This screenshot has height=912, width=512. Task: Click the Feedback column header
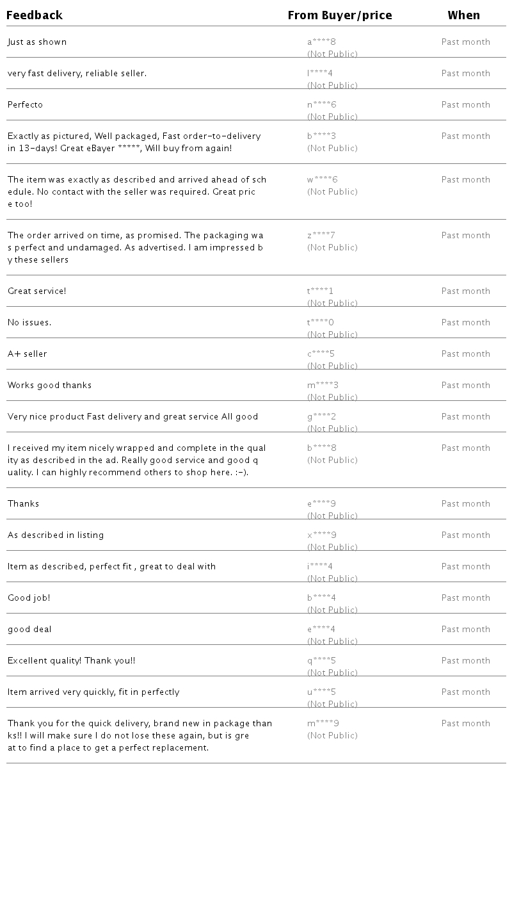coord(35,15)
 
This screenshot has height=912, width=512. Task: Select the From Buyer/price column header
coord(339,15)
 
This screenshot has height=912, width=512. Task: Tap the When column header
coord(463,15)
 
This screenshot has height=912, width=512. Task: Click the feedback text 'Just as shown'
coord(37,42)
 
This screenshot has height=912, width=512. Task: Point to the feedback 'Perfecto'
coord(26,105)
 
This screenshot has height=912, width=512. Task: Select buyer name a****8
coord(321,42)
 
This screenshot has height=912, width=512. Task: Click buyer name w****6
coord(322,180)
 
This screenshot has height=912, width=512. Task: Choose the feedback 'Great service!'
coord(37,291)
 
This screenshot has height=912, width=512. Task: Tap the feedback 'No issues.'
coord(29,323)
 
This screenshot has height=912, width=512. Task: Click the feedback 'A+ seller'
coord(28,354)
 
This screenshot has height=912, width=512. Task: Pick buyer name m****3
coord(323,386)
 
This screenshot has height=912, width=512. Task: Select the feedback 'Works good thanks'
coord(50,386)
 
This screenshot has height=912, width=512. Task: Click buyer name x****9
coord(321,535)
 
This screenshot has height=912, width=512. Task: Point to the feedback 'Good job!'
coord(29,598)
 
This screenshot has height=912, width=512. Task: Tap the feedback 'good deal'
coord(29,630)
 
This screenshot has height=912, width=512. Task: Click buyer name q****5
coord(321,661)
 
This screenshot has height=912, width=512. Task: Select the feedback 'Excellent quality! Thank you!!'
coord(72,661)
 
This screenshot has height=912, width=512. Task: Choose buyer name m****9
coord(323,724)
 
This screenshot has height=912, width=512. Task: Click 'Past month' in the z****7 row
coord(465,236)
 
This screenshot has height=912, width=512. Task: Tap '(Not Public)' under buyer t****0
coord(332,335)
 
